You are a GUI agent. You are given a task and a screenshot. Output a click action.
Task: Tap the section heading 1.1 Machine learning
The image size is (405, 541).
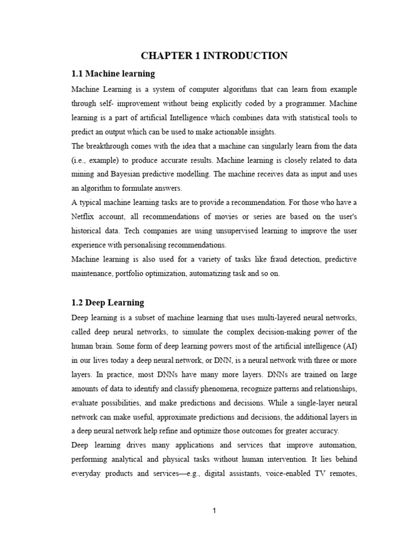pos(113,73)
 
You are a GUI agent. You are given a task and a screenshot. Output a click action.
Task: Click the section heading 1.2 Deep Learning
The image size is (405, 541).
pos(108,303)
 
